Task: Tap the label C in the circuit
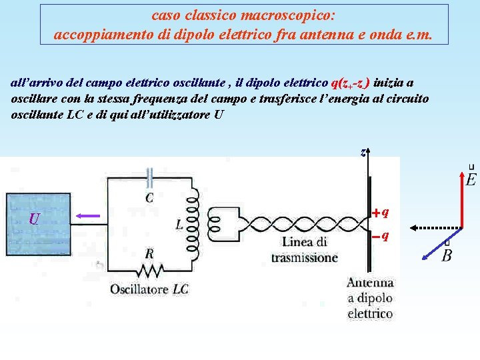149,197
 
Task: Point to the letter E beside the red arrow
471,179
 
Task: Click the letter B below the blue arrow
447,255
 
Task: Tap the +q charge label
381,213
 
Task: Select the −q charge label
381,236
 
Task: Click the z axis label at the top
362,152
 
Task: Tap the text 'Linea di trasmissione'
304,249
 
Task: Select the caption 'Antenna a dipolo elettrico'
370,297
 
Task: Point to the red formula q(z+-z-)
351,83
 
